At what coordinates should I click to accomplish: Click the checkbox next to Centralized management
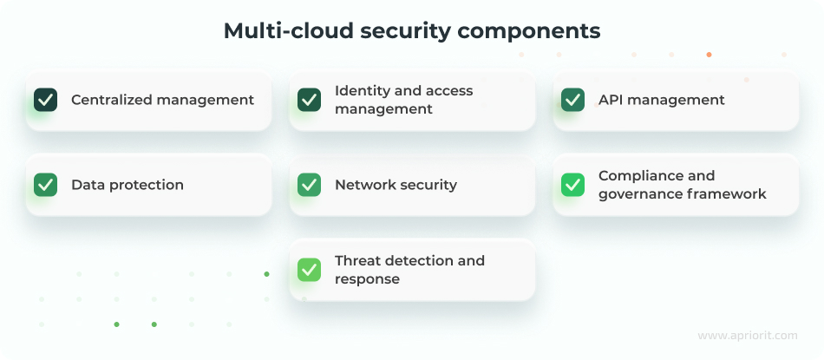[45, 100]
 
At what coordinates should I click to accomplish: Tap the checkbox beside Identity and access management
[309, 100]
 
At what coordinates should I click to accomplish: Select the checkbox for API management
[572, 100]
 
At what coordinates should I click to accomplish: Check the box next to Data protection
[45, 185]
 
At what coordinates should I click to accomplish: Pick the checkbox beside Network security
[309, 185]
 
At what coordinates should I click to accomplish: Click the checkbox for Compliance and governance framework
[572, 185]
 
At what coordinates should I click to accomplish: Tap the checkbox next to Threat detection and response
[309, 270]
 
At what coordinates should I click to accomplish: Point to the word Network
[363, 185]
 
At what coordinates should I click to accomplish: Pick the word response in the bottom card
[367, 279]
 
